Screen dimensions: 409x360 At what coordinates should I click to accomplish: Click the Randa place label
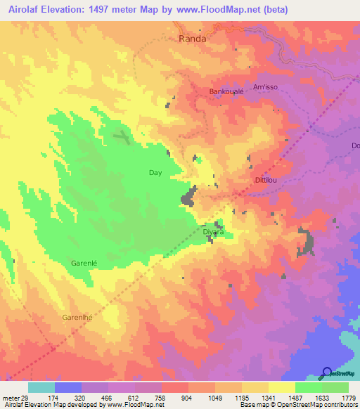193,39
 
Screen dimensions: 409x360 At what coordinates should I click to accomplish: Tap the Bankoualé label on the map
226,91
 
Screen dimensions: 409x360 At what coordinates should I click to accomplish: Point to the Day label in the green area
156,172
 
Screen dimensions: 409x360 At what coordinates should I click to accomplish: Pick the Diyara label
213,231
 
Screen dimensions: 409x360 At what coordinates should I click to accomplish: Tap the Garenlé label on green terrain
89,264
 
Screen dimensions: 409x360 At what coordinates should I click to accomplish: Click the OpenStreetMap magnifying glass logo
327,372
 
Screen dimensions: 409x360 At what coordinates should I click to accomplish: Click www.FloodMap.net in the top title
224,9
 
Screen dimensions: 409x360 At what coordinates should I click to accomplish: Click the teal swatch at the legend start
41,387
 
